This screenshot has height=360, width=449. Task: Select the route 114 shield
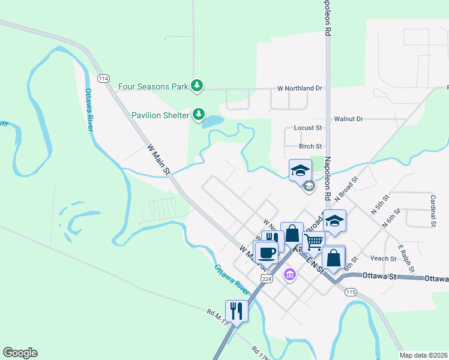point(104,79)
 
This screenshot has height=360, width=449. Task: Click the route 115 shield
point(351,292)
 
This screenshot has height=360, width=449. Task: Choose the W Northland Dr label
point(300,88)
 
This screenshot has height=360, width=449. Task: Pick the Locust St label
point(308,128)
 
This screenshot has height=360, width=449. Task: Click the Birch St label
point(310,146)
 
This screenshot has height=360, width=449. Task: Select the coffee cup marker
point(267,251)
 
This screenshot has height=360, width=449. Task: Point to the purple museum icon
point(290,275)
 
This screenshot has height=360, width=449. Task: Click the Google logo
point(20,353)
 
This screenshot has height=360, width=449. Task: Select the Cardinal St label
point(433,211)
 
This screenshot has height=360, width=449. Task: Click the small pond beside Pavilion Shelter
point(213,122)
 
